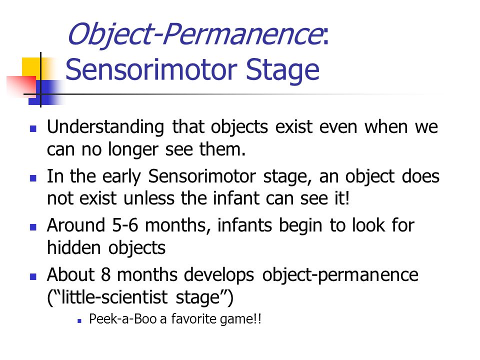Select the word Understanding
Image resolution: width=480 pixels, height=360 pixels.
105,127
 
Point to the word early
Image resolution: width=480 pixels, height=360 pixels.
121,177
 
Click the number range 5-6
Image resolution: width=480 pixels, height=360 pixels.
125,225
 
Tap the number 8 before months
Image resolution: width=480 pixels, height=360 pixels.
105,274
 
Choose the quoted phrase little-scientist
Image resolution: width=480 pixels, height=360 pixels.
114,297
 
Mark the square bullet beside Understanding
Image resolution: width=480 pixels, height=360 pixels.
33,128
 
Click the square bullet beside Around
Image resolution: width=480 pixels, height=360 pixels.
33,227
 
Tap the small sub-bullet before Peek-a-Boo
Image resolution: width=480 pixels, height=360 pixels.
79,321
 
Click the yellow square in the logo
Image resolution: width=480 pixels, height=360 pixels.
30,66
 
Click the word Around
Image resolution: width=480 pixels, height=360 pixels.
76,225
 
